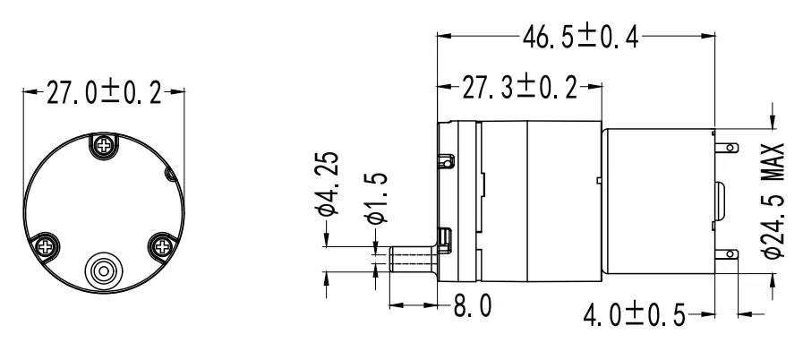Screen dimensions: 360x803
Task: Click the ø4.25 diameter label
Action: point(329,184)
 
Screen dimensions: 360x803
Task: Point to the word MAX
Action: point(775,159)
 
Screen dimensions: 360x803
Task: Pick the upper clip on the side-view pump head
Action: point(446,160)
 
